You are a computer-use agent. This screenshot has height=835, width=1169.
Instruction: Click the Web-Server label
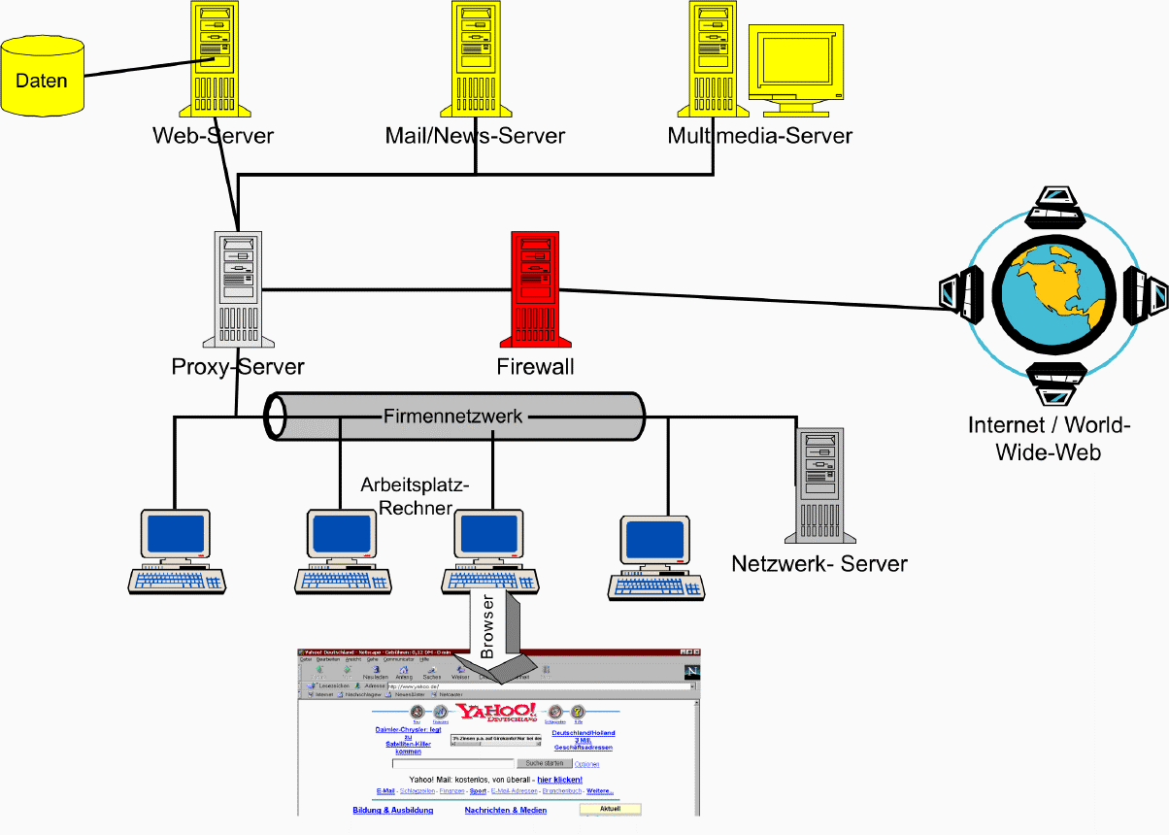pos(213,135)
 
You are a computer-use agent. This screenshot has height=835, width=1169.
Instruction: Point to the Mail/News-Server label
pos(475,135)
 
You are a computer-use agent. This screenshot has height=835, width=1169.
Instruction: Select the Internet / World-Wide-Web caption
pos(1049,438)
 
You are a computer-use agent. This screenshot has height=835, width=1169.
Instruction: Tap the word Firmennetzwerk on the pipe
pos(452,417)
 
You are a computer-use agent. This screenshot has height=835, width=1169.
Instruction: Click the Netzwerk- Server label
pos(819,563)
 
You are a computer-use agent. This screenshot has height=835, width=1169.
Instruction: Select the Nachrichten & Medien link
pos(505,810)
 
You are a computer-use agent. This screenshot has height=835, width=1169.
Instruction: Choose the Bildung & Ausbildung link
pos(393,810)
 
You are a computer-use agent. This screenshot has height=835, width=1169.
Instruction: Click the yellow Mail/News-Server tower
pos(475,58)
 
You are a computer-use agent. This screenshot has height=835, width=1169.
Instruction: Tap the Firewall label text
pos(535,366)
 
